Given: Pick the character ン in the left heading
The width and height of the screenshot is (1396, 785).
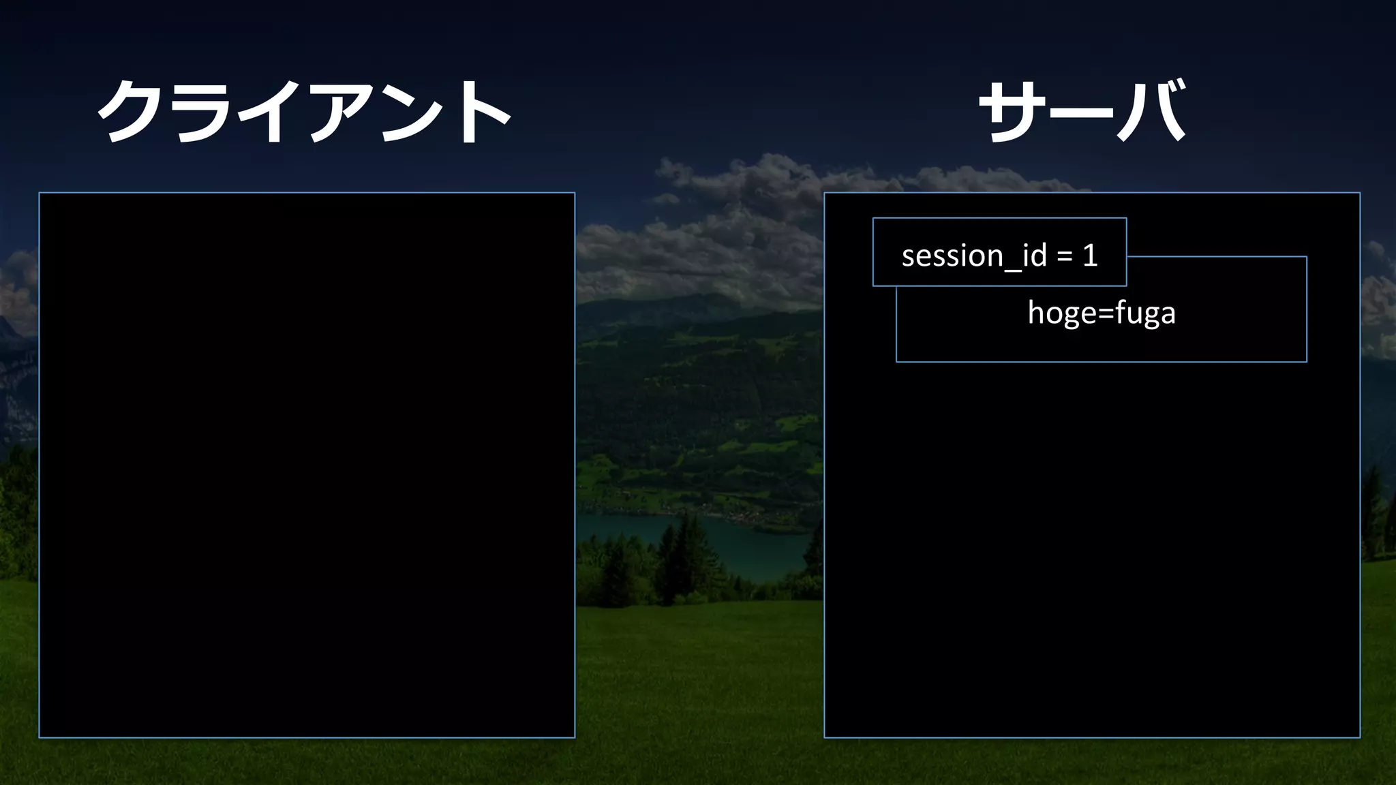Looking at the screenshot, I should point(408,112).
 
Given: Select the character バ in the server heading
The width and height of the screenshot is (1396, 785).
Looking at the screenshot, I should point(1152,111).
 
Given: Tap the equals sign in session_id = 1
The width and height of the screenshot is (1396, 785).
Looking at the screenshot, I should point(1064,257).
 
